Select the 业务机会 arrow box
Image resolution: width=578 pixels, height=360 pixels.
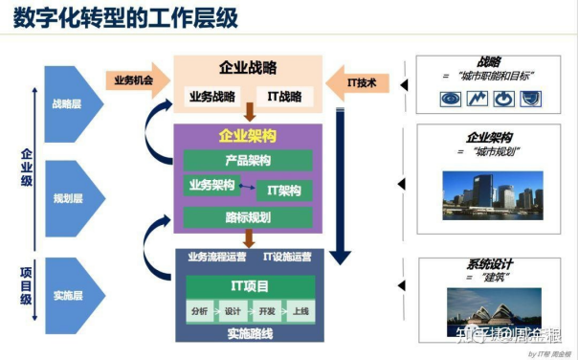tap(135, 81)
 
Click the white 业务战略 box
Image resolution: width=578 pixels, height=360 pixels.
tap(211, 97)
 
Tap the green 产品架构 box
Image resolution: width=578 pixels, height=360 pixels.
tap(248, 160)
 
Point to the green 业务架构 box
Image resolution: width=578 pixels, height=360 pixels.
tap(211, 184)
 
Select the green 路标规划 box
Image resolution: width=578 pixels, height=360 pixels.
tap(248, 217)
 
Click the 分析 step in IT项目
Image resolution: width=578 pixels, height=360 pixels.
tap(200, 311)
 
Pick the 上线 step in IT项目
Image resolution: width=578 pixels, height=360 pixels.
tap(300, 311)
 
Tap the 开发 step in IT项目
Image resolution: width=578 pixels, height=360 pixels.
tap(267, 311)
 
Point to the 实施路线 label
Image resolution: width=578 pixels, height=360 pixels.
tap(250, 333)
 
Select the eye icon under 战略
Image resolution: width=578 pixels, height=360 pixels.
tap(450, 98)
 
